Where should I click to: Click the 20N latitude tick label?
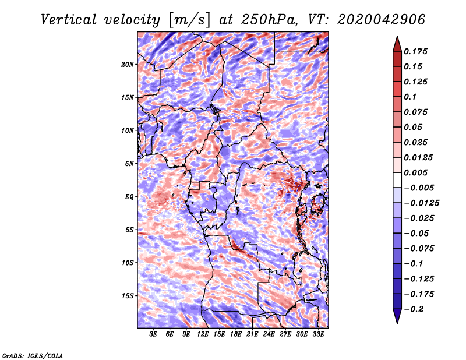(x=128, y=65)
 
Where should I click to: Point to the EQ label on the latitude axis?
(x=129, y=197)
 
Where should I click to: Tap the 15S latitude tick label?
(x=128, y=296)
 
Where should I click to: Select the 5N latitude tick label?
(x=129, y=164)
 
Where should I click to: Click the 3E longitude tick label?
(x=153, y=334)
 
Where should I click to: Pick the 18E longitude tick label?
(x=236, y=334)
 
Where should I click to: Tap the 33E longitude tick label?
(x=318, y=334)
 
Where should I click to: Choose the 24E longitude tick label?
(x=269, y=334)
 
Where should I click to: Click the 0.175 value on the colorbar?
(x=415, y=51)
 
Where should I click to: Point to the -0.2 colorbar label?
(x=414, y=309)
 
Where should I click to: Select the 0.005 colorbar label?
(x=415, y=172)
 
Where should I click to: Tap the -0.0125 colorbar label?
(x=421, y=203)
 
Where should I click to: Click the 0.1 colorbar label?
(x=410, y=97)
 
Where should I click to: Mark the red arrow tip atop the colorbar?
(x=397, y=36)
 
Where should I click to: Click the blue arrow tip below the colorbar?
(x=397, y=323)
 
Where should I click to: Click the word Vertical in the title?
(x=68, y=20)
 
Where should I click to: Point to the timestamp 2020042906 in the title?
(x=381, y=20)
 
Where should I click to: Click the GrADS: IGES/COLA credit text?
(x=33, y=356)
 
